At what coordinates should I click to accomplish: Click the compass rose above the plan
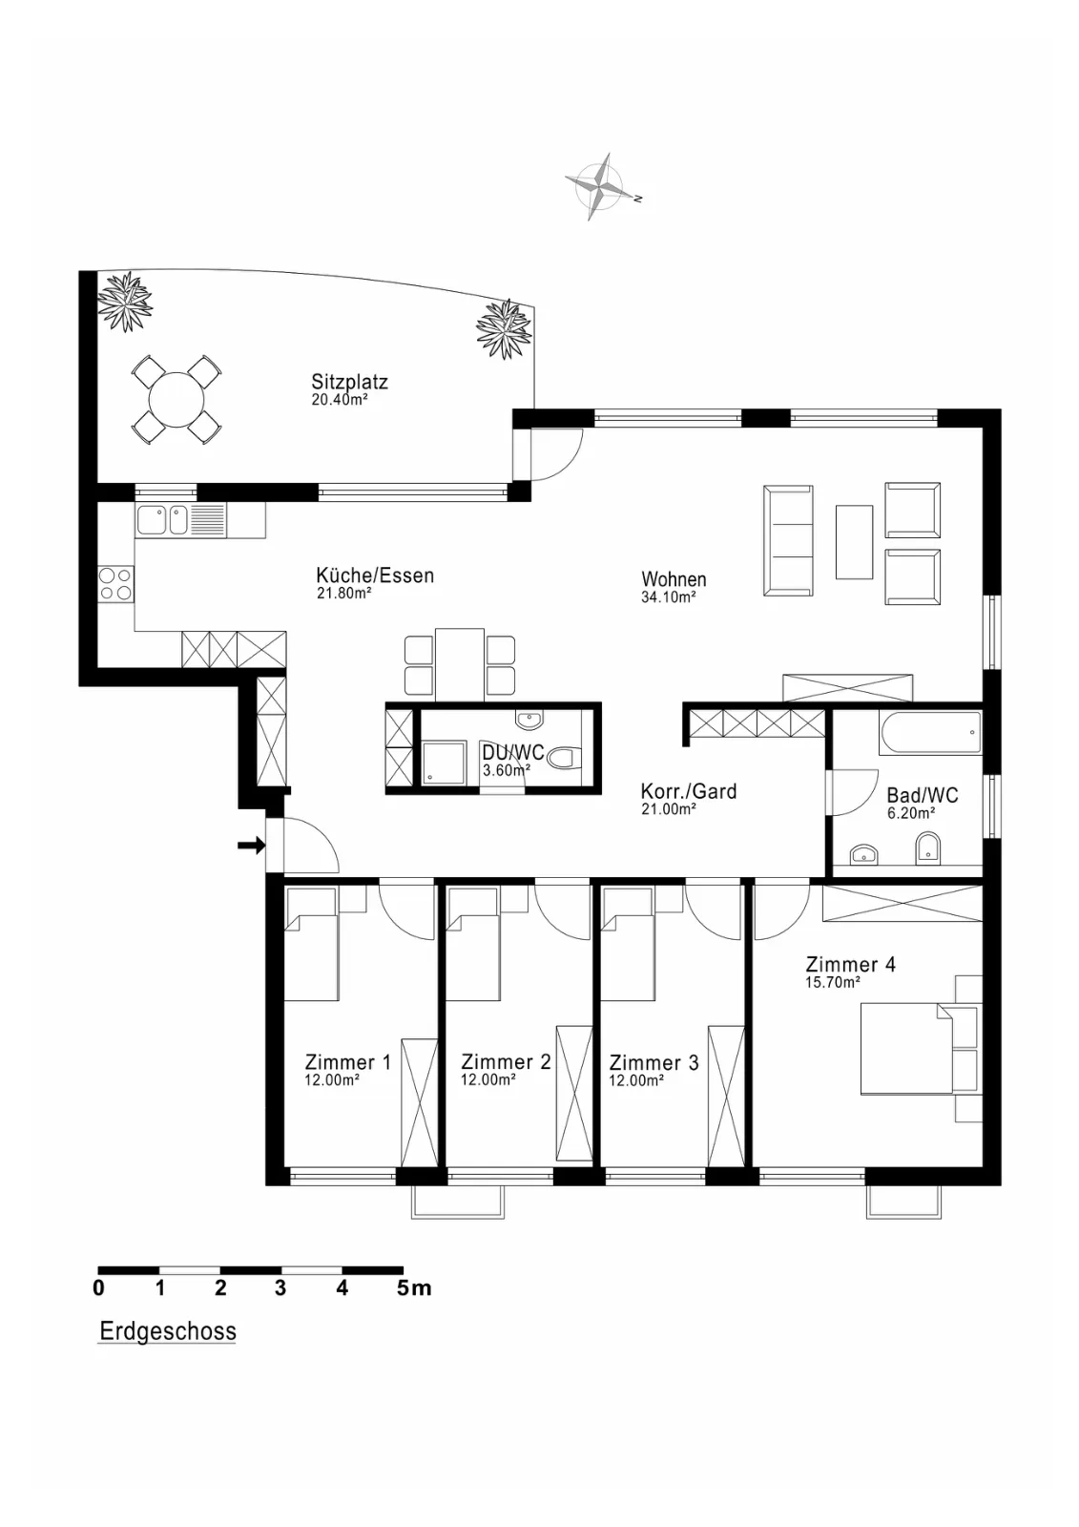click(x=598, y=187)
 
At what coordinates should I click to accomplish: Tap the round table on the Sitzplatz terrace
click(x=176, y=400)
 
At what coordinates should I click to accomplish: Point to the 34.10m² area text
click(x=668, y=597)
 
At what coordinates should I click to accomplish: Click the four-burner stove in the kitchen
click(x=115, y=585)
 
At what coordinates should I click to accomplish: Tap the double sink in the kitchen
click(x=180, y=520)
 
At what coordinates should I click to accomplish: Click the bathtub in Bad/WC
click(x=930, y=733)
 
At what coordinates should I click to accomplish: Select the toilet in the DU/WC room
click(x=565, y=758)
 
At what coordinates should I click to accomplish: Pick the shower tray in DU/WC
click(x=445, y=763)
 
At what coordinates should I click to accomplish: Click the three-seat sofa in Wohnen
click(x=788, y=540)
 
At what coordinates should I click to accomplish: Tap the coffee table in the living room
click(x=854, y=542)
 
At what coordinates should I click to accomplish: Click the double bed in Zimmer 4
click(x=906, y=1049)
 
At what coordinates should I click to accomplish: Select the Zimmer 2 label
click(x=506, y=1061)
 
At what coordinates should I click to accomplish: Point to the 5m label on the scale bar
click(x=414, y=1287)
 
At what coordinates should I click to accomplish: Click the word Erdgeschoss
click(x=168, y=1330)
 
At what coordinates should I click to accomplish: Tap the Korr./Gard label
click(x=689, y=791)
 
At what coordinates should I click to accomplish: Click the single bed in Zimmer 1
click(x=312, y=944)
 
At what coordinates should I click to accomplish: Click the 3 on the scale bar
click(x=280, y=1287)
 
